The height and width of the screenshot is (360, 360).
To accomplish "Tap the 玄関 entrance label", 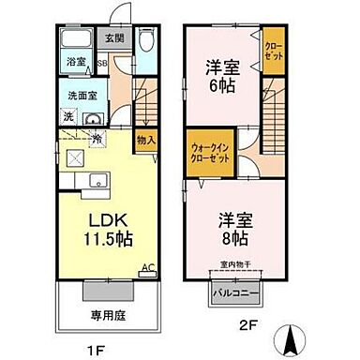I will [113, 38].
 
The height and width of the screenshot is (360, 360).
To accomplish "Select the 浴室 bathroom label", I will [74, 63].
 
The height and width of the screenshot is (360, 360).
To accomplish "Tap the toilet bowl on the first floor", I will [145, 42].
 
